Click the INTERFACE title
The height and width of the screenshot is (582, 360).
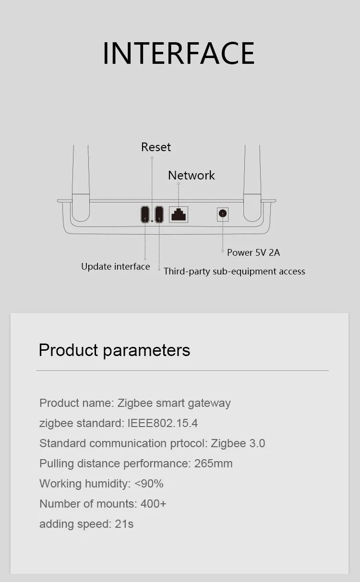pos(179,53)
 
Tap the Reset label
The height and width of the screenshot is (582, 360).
pos(156,147)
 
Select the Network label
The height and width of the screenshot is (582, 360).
pos(192,176)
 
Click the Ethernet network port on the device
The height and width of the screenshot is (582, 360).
pos(179,214)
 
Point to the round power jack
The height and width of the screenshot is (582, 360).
pos(223,214)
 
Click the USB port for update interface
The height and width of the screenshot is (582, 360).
pos(145,214)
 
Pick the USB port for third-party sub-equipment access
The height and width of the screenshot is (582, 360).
pos(159,214)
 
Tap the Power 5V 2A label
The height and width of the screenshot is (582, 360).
pos(253,252)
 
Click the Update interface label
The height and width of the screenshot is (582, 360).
pos(115,267)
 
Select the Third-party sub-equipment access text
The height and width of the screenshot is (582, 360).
pos(234,271)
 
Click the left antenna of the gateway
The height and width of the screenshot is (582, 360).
pos(81,183)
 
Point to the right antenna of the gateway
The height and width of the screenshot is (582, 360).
pos(252,183)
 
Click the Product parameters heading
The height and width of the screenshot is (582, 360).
pos(114,350)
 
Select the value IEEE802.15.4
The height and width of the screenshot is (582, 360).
pos(162,423)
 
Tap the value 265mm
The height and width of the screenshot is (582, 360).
pos(213,463)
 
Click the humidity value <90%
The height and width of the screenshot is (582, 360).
pos(149,484)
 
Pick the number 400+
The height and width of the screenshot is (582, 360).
pos(153,504)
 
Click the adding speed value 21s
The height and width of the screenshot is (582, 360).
pos(124,524)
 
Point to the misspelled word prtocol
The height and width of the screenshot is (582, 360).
pos(189,443)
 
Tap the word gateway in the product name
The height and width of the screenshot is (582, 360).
pos(209,404)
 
